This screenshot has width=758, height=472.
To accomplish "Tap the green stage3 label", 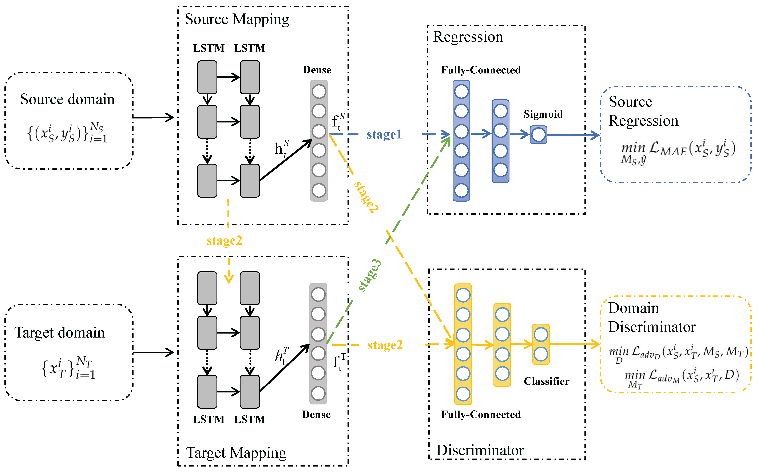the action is (369, 275).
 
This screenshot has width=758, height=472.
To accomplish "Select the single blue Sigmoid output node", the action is (538, 135).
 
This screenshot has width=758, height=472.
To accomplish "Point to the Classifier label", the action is (547, 381).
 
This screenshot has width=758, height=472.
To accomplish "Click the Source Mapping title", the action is (237, 19).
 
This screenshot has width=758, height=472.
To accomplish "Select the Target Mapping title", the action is (236, 453).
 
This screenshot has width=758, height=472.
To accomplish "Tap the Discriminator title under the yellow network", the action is (480, 450).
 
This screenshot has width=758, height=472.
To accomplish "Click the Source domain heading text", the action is (67, 99).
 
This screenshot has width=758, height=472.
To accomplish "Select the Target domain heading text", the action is (59, 333).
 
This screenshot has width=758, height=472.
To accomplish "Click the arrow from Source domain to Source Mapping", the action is (153, 117).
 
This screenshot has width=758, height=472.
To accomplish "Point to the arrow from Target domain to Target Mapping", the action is (153, 352).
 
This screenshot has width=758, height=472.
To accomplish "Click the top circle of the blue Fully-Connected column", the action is (461, 92).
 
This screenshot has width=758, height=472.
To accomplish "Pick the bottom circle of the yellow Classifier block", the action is (541, 354).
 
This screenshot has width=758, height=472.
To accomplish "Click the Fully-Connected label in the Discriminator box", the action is (481, 415).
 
